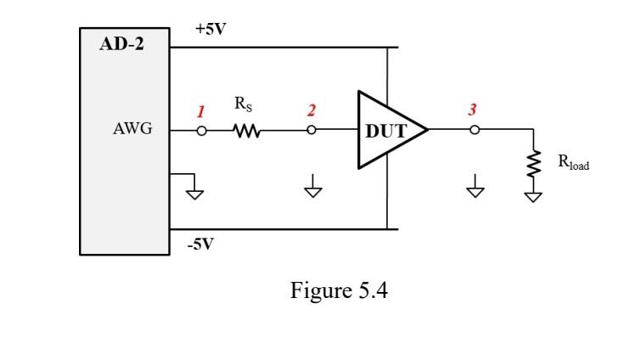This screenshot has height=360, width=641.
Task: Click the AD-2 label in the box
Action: (x=122, y=44)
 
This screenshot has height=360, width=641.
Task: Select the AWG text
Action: (x=132, y=131)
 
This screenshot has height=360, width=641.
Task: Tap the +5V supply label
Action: (x=210, y=29)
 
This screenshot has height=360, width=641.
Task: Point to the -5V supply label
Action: (x=200, y=245)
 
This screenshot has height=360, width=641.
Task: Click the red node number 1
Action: (x=200, y=112)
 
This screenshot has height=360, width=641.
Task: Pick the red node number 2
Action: (x=312, y=110)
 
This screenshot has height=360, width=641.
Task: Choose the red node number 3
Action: (x=472, y=110)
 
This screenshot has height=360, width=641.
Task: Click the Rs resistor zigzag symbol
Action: (x=246, y=132)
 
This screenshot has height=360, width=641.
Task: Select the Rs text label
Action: (x=243, y=105)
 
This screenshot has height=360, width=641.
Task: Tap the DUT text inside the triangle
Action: (x=385, y=132)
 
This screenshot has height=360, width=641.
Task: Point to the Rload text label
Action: (x=573, y=163)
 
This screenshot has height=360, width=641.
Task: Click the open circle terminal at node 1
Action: (x=202, y=132)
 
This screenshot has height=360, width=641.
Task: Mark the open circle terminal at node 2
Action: (x=312, y=132)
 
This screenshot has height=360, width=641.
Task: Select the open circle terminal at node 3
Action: (x=475, y=131)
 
